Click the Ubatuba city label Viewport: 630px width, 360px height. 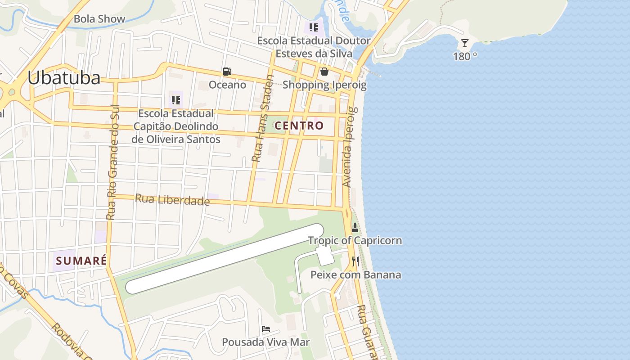pyautogui.click(x=63, y=78)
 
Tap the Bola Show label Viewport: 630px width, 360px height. pyautogui.click(x=99, y=19)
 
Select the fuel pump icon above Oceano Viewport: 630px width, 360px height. pyautogui.click(x=227, y=72)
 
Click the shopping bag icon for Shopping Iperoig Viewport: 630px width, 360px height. pyautogui.click(x=324, y=72)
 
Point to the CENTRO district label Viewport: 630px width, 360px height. pyautogui.click(x=299, y=126)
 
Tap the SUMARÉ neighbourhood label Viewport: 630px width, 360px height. pyautogui.click(x=81, y=261)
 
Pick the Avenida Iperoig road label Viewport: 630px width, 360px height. pyautogui.click(x=350, y=147)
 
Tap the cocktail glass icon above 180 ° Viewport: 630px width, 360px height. pyautogui.click(x=465, y=43)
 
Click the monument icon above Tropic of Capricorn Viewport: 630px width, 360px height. pyautogui.click(x=355, y=228)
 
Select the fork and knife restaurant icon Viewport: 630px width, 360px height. pyautogui.click(x=355, y=261)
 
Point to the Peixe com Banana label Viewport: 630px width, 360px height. pyautogui.click(x=355, y=274)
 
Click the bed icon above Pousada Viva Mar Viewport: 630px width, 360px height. pyautogui.click(x=266, y=329)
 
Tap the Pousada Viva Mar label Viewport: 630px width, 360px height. pyautogui.click(x=266, y=342)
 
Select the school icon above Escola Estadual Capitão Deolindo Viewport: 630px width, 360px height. pyautogui.click(x=176, y=100)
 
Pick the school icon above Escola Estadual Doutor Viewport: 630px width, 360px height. pyautogui.click(x=314, y=27)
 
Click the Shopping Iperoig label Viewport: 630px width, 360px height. pyautogui.click(x=324, y=85)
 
